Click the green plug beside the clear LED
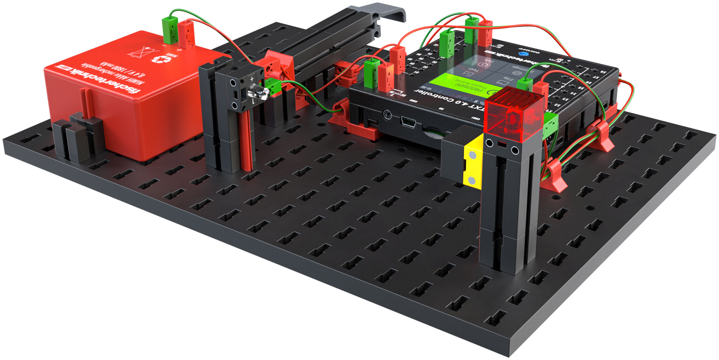click(274, 86)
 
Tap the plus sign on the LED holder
click(252, 78)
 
